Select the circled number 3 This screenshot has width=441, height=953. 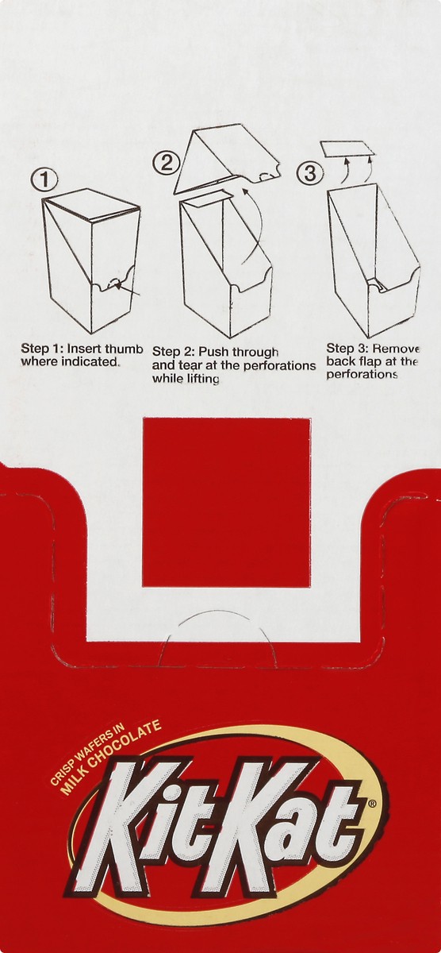point(311,174)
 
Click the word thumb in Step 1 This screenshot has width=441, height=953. point(124,349)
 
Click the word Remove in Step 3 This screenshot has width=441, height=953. point(396,349)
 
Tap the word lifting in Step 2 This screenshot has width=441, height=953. point(202,379)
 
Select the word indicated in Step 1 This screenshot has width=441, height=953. point(90,362)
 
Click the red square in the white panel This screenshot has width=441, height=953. point(226,503)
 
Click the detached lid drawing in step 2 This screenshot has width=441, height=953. point(228,160)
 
